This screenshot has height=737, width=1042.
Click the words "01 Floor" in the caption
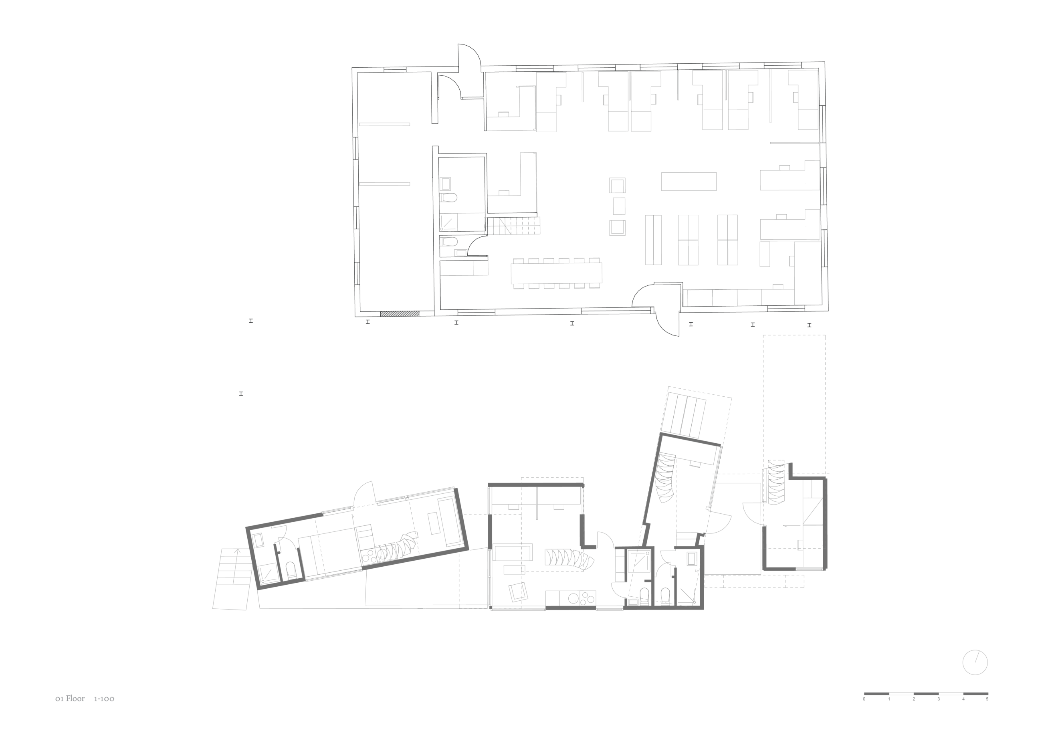tap(70, 699)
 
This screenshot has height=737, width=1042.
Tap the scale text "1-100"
tap(104, 699)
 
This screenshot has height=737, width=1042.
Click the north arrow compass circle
tap(975, 675)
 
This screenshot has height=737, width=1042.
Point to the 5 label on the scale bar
tap(987, 699)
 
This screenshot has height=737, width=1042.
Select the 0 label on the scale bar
tap(864, 699)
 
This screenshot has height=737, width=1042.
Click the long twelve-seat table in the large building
tap(556, 273)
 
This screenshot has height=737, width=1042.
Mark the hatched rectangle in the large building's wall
tap(400, 313)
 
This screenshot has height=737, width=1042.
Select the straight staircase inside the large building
tap(514, 226)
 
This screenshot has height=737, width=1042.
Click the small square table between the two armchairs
tap(619, 206)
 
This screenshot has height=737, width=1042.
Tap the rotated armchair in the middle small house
tap(518, 592)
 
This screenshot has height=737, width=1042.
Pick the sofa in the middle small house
tap(513, 553)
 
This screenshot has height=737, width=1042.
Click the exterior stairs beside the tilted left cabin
tap(232, 579)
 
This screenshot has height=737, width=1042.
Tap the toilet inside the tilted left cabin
tap(291, 570)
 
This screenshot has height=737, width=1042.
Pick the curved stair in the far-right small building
tap(775, 483)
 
